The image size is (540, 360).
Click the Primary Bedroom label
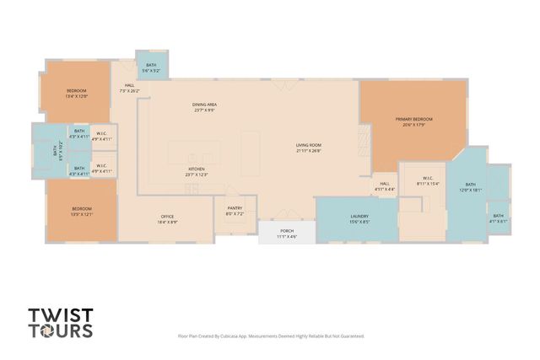click(x=414, y=121)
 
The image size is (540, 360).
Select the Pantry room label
click(x=235, y=212)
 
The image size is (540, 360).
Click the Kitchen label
click(x=197, y=171)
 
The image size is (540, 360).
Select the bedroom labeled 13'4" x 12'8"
click(x=78, y=94)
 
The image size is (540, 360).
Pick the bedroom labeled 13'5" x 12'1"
click(x=81, y=212)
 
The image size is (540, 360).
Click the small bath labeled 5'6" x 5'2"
click(x=151, y=67)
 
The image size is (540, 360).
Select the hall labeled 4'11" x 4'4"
click(x=384, y=186)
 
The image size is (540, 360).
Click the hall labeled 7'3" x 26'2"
click(x=130, y=88)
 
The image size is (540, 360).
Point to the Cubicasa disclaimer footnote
click(x=271, y=336)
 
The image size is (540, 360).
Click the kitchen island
click(x=195, y=153)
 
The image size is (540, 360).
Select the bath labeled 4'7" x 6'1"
click(x=499, y=219)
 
